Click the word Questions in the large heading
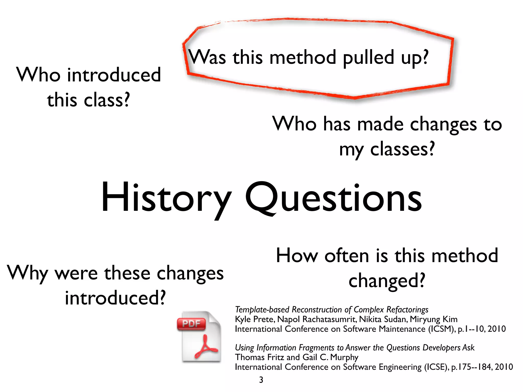point(333,198)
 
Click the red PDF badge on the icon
point(191,324)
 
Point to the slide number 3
point(261,380)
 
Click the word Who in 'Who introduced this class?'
point(38,75)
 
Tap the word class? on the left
point(107,100)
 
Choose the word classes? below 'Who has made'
point(402,149)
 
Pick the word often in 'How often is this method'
point(347,256)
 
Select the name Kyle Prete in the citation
point(254,319)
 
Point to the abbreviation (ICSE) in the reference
point(436,367)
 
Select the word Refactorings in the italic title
point(407,310)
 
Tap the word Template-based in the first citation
point(262,310)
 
